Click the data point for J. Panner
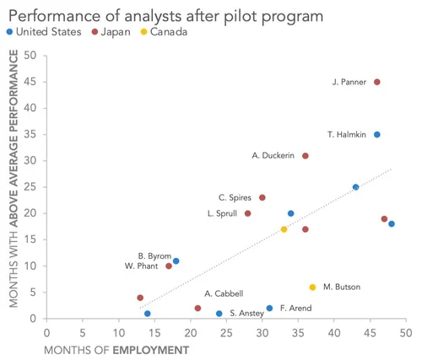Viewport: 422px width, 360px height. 376,82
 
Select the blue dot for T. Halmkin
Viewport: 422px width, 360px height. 376,135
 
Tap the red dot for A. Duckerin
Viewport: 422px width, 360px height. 306,156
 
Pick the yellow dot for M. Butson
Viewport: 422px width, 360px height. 312,287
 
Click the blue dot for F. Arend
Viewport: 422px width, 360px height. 269,309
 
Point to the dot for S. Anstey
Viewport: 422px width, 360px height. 219,314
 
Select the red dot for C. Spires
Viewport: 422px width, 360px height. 262,198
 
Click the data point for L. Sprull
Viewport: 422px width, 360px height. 247,213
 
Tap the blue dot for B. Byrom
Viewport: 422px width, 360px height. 176,261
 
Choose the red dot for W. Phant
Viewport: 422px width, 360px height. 169,266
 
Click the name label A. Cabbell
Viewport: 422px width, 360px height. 224,293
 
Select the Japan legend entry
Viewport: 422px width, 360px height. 114,32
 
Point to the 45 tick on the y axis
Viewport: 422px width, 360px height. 30,82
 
